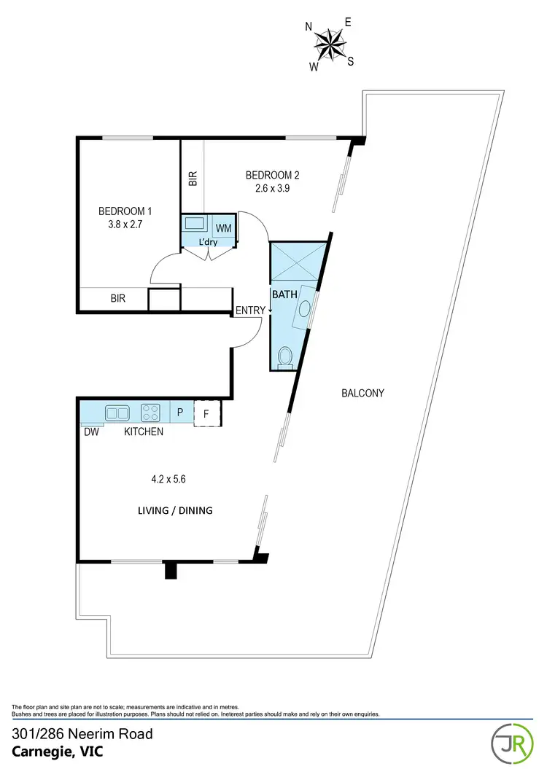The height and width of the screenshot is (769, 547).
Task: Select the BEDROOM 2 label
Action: (272, 175)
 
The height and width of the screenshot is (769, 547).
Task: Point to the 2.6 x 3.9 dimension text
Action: (272, 188)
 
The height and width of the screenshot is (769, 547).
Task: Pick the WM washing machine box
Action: (224, 227)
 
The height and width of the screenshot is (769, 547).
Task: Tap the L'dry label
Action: (209, 242)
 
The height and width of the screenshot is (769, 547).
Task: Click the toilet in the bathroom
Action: (286, 356)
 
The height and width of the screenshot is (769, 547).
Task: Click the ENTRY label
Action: (250, 311)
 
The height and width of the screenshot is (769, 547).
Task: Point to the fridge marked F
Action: (207, 413)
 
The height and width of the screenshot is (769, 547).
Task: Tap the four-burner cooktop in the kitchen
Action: (150, 413)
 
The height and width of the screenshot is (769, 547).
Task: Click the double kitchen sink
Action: (117, 413)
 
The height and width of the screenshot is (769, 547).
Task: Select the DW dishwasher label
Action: (90, 432)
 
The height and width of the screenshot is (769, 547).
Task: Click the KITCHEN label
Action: (143, 432)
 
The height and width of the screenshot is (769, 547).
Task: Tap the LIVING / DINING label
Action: (175, 510)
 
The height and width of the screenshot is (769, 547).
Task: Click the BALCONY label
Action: (362, 393)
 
